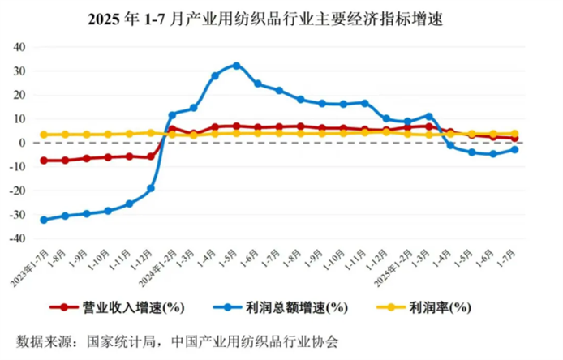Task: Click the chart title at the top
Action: pyautogui.click(x=281, y=15)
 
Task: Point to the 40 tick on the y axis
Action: pyautogui.click(x=19, y=47)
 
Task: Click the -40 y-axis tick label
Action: pyautogui.click(x=16, y=239)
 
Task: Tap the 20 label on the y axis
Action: pyautogui.click(x=19, y=95)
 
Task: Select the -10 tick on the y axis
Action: pyautogui.click(x=16, y=167)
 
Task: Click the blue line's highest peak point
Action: pyautogui.click(x=236, y=65)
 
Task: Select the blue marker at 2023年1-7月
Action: pyautogui.click(x=44, y=220)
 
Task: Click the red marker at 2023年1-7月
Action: pyautogui.click(x=44, y=161)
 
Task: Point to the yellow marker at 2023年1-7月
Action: pyautogui.click(x=44, y=135)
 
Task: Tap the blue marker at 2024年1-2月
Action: pyautogui.click(x=172, y=115)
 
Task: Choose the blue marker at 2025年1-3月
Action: pyautogui.click(x=429, y=116)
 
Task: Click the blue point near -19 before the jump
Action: pyautogui.click(x=151, y=188)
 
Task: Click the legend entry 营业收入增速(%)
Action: pyautogui.click(x=122, y=307)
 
